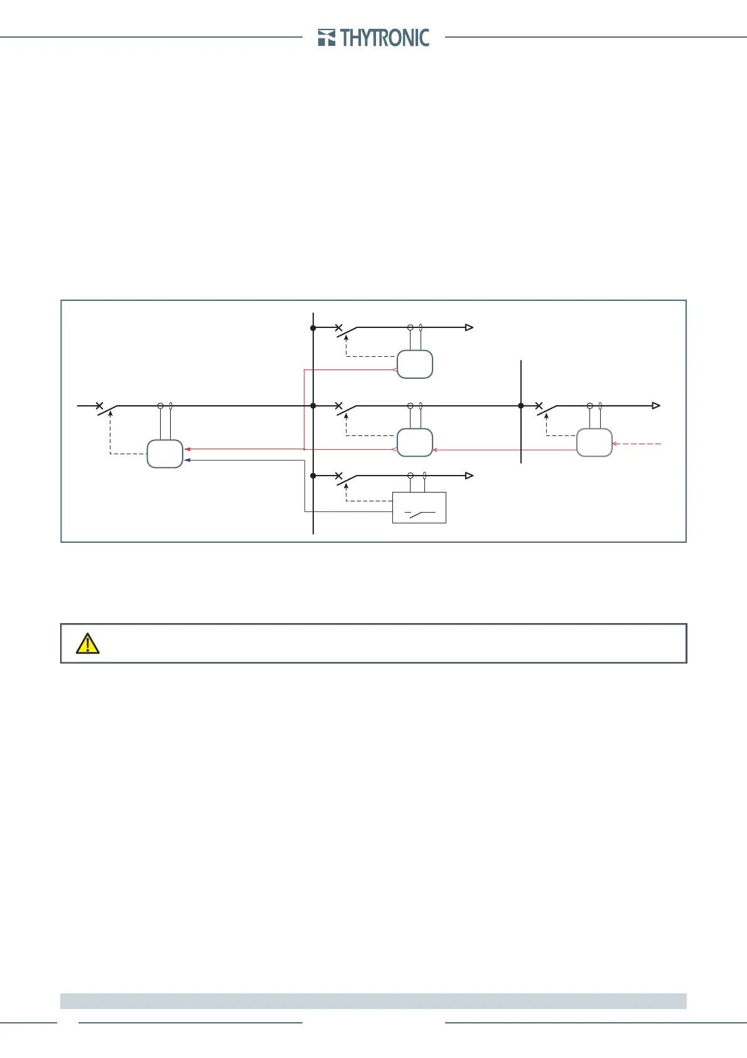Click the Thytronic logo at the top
(x=373, y=38)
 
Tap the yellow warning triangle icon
(x=87, y=643)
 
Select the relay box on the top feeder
(x=415, y=364)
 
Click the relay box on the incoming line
(x=164, y=454)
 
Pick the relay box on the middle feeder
(x=415, y=442)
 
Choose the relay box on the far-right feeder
(x=594, y=442)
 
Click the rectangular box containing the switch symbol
(x=419, y=508)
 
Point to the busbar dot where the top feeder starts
(x=313, y=328)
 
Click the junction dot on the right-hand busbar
(x=521, y=406)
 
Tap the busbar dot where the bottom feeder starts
(x=313, y=476)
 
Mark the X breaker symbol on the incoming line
(x=99, y=406)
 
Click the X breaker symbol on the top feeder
(x=339, y=328)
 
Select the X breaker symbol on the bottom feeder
(x=339, y=476)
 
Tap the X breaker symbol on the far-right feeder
(x=539, y=406)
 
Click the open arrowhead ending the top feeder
(x=468, y=327)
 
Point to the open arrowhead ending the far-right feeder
(x=656, y=406)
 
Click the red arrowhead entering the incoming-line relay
(x=187, y=449)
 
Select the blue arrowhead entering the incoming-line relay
(x=187, y=461)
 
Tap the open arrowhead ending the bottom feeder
(x=468, y=476)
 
